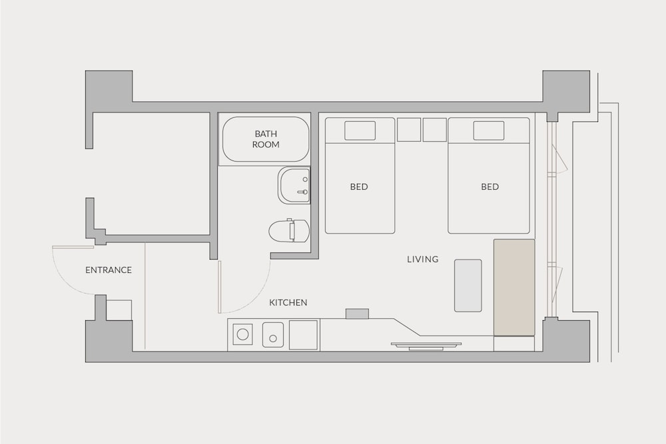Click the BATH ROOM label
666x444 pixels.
point(266,139)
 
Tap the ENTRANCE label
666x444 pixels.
point(109,270)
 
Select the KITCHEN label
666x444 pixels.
point(288,303)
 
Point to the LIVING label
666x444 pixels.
point(423,260)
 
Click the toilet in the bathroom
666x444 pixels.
point(289,231)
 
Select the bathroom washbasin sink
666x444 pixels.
point(294,186)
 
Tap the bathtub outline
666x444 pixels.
point(266,139)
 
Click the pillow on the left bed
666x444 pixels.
point(360,130)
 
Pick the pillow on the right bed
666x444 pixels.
point(489,130)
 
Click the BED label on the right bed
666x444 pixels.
point(490,187)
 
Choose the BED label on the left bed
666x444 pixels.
point(359,187)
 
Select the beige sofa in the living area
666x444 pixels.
point(514,288)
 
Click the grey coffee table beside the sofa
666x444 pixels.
point(468,286)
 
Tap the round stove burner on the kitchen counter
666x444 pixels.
point(242,334)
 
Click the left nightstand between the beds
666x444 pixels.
point(409,129)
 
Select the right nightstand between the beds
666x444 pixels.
point(434,129)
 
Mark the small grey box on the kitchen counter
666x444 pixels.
point(357,314)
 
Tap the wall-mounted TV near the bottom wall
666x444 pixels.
point(426,346)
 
